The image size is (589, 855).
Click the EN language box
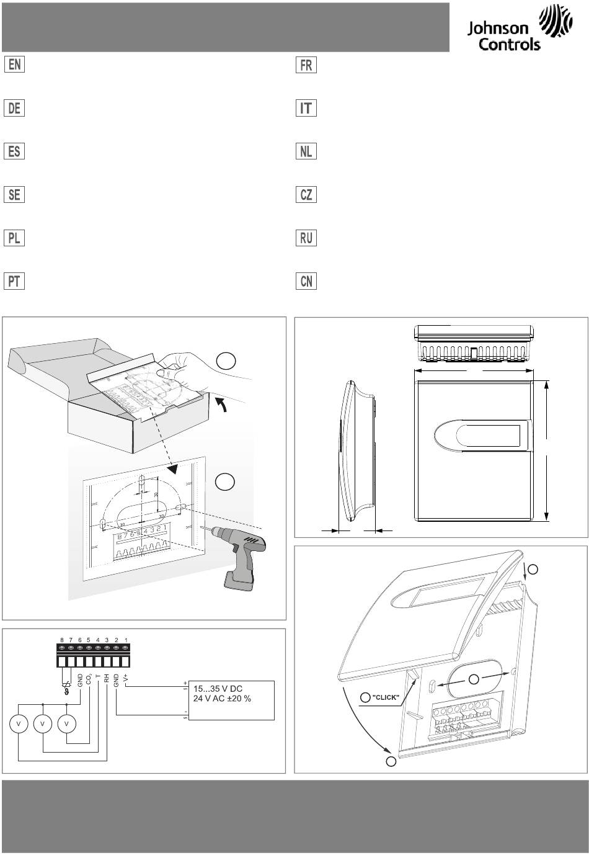(14, 65)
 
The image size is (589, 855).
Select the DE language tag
(14, 108)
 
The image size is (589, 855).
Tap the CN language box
(306, 281)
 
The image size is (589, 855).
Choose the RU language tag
(306, 238)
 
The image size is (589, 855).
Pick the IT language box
(306, 108)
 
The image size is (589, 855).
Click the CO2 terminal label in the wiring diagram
(90, 678)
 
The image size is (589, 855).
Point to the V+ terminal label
(125, 678)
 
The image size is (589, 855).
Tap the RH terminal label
(107, 679)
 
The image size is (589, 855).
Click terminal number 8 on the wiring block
(62, 640)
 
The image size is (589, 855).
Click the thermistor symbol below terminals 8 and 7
(66, 688)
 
